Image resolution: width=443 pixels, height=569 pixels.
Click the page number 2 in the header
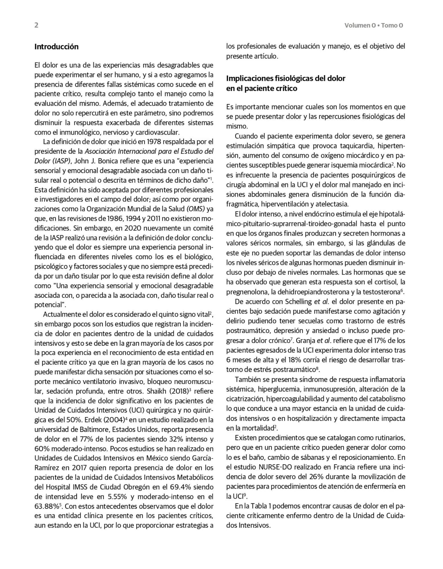click(36, 25)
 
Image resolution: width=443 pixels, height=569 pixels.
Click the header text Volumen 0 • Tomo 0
click(374, 26)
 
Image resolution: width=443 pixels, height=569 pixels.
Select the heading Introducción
click(56, 47)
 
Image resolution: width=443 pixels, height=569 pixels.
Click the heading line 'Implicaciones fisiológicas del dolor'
click(286, 78)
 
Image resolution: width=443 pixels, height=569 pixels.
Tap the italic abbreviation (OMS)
click(196, 209)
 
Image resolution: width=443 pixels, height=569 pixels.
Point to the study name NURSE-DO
click(274, 467)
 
